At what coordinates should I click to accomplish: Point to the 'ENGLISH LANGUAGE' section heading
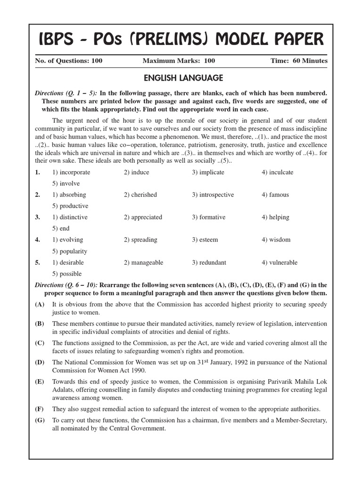181,78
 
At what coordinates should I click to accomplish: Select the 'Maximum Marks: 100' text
179,61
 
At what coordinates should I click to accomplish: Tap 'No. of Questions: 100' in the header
69,61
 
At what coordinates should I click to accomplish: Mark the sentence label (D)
40,362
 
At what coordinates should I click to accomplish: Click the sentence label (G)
40,420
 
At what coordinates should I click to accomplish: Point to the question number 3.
37,217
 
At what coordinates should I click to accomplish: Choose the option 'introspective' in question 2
213,195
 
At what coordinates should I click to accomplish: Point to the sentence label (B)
40,324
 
